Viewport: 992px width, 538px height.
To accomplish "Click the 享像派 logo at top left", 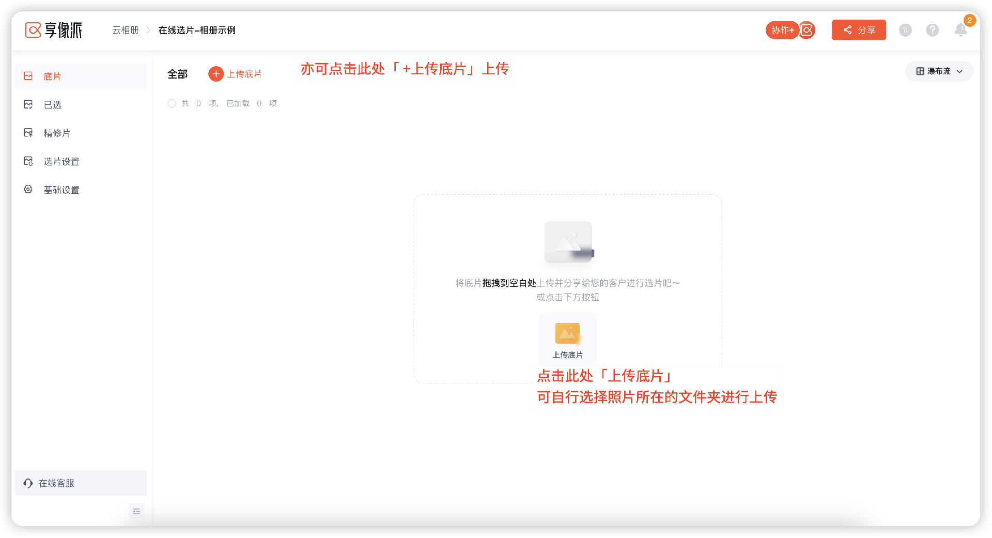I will (54, 30).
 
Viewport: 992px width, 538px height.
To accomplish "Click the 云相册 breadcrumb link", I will (126, 30).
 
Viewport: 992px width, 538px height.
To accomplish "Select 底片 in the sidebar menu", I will (52, 76).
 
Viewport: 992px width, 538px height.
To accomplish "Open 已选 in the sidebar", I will (52, 105).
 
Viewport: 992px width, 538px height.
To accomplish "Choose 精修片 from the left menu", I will (56, 133).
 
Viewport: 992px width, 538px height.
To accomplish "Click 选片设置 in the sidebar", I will (61, 162).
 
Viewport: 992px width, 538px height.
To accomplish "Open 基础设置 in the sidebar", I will (61, 190).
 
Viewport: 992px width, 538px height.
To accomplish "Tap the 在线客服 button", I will (56, 483).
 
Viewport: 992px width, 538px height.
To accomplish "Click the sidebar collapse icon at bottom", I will (136, 512).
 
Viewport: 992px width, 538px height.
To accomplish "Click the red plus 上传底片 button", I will (236, 74).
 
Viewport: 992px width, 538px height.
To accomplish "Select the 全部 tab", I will (177, 74).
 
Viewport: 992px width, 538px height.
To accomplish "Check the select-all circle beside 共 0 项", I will (172, 104).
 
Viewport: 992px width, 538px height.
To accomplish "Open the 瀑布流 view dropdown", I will (939, 71).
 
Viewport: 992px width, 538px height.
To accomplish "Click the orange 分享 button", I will (858, 30).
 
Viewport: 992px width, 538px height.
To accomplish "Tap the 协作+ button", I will (782, 30).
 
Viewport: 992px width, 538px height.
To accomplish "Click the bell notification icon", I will (960, 30).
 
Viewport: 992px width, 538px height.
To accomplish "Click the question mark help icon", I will (932, 30).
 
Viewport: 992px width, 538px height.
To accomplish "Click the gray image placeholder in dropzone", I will (568, 242).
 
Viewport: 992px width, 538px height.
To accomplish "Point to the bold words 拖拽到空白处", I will (509, 283).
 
